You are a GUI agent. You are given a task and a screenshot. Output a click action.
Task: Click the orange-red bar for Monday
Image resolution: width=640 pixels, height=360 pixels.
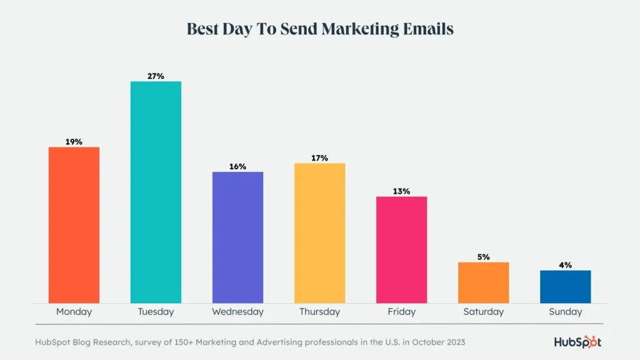(x=74, y=225)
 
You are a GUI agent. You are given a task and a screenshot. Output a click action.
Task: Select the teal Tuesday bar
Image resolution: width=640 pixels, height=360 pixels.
(x=156, y=192)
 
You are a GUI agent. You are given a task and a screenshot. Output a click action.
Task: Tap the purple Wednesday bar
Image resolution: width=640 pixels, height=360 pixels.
(x=237, y=237)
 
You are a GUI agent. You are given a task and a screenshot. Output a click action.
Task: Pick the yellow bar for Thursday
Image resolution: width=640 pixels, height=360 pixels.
(x=319, y=233)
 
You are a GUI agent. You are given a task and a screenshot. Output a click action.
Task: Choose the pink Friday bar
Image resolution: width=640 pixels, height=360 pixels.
(x=401, y=250)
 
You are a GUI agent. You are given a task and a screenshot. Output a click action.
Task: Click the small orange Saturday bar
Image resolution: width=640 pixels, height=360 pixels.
(x=483, y=282)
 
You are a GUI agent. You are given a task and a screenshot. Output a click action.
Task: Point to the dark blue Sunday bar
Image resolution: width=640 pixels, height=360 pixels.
(x=565, y=287)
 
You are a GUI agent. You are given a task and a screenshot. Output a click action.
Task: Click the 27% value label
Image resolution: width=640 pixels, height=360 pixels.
(x=156, y=76)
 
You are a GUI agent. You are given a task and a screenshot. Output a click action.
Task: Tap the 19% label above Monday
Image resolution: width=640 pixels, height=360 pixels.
(x=74, y=142)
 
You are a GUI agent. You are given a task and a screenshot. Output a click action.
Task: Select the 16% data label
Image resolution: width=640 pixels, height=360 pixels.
(x=237, y=166)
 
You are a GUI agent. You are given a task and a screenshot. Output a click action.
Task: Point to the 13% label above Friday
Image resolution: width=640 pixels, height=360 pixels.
(x=401, y=191)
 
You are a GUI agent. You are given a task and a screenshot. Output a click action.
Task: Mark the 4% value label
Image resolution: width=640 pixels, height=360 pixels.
(x=565, y=265)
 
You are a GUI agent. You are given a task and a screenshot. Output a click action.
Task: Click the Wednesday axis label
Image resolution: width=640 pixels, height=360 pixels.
(x=237, y=311)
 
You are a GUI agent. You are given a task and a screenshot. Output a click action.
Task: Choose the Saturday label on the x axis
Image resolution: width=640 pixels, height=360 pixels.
(x=483, y=311)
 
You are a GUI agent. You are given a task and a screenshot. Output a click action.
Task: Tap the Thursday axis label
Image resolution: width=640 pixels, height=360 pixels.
(x=319, y=311)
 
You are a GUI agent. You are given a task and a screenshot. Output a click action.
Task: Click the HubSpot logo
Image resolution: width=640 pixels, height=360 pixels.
(x=577, y=342)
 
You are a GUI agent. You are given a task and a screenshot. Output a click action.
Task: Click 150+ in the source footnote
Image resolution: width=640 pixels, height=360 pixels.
(x=181, y=342)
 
